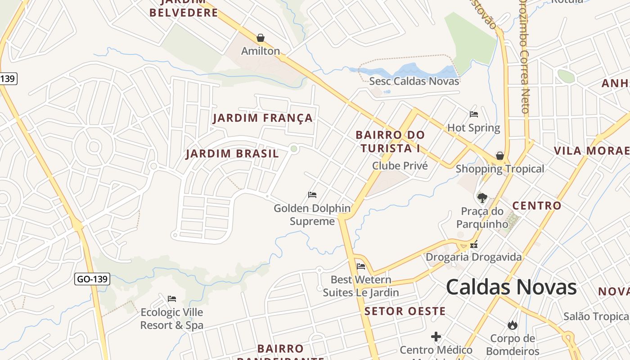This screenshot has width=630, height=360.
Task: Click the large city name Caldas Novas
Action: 511,287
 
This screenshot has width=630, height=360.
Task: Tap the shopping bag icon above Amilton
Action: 260,38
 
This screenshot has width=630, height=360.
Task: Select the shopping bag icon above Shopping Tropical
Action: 499,156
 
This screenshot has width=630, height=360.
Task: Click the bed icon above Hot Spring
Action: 473,114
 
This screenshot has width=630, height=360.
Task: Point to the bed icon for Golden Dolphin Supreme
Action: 312,195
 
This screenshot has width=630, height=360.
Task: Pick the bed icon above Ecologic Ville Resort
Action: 171,299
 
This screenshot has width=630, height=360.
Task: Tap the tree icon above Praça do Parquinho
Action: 482,198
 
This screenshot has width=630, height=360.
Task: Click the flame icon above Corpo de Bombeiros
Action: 512,325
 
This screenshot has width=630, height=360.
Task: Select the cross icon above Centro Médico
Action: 436,337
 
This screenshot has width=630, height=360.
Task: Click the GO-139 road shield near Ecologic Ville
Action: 92,279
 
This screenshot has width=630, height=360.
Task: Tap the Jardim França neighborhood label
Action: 263,118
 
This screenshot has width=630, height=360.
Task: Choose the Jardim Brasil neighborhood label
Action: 232,154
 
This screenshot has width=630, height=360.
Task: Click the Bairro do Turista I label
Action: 390,141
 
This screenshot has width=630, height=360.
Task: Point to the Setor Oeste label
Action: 405,311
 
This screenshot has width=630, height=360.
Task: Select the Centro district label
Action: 537,206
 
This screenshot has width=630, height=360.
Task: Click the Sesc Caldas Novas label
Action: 414,81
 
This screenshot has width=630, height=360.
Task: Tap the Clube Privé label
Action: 400,166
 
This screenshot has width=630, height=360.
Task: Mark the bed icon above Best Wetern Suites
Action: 360,266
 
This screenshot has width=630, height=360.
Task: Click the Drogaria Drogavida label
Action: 474,257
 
